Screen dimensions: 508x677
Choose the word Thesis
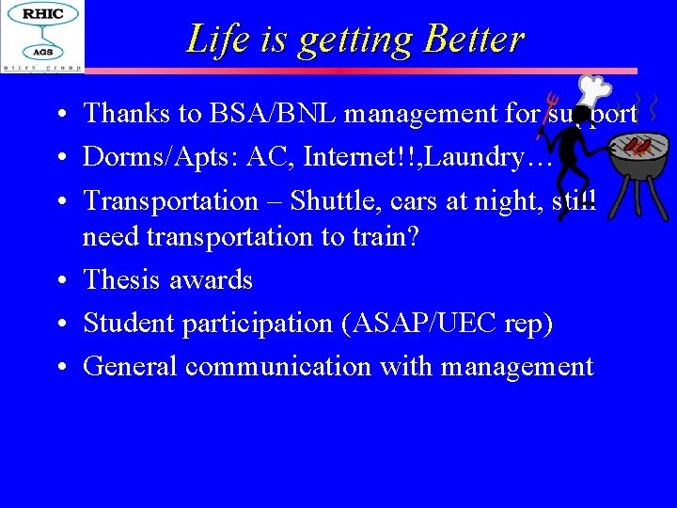[120, 279]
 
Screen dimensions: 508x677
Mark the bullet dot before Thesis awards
[59, 280]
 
